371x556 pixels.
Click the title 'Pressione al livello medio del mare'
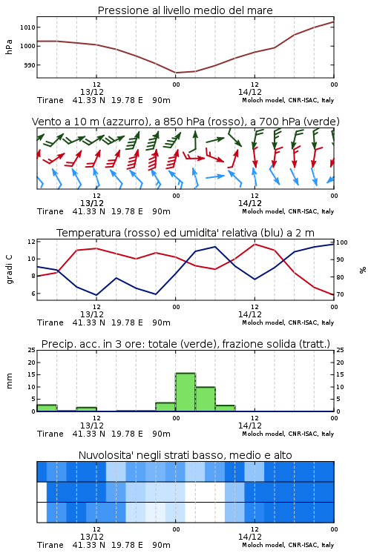(185, 10)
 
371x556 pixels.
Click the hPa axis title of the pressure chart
(9, 47)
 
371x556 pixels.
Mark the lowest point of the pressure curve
(176, 73)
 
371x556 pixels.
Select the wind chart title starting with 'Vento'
(185, 122)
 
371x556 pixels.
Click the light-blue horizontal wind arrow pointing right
(215, 176)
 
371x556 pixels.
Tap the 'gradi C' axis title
(10, 269)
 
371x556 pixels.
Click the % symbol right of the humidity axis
(363, 270)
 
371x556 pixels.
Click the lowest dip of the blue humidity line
(96, 295)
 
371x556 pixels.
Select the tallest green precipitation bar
(185, 392)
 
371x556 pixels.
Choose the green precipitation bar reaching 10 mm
(206, 399)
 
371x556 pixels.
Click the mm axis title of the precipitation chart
(10, 381)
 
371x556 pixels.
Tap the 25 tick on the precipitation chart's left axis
(31, 351)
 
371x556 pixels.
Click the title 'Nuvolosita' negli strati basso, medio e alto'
(185, 455)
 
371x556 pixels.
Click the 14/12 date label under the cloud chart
(250, 537)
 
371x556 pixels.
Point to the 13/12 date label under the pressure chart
(92, 92)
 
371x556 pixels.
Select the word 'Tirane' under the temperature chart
(50, 322)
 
